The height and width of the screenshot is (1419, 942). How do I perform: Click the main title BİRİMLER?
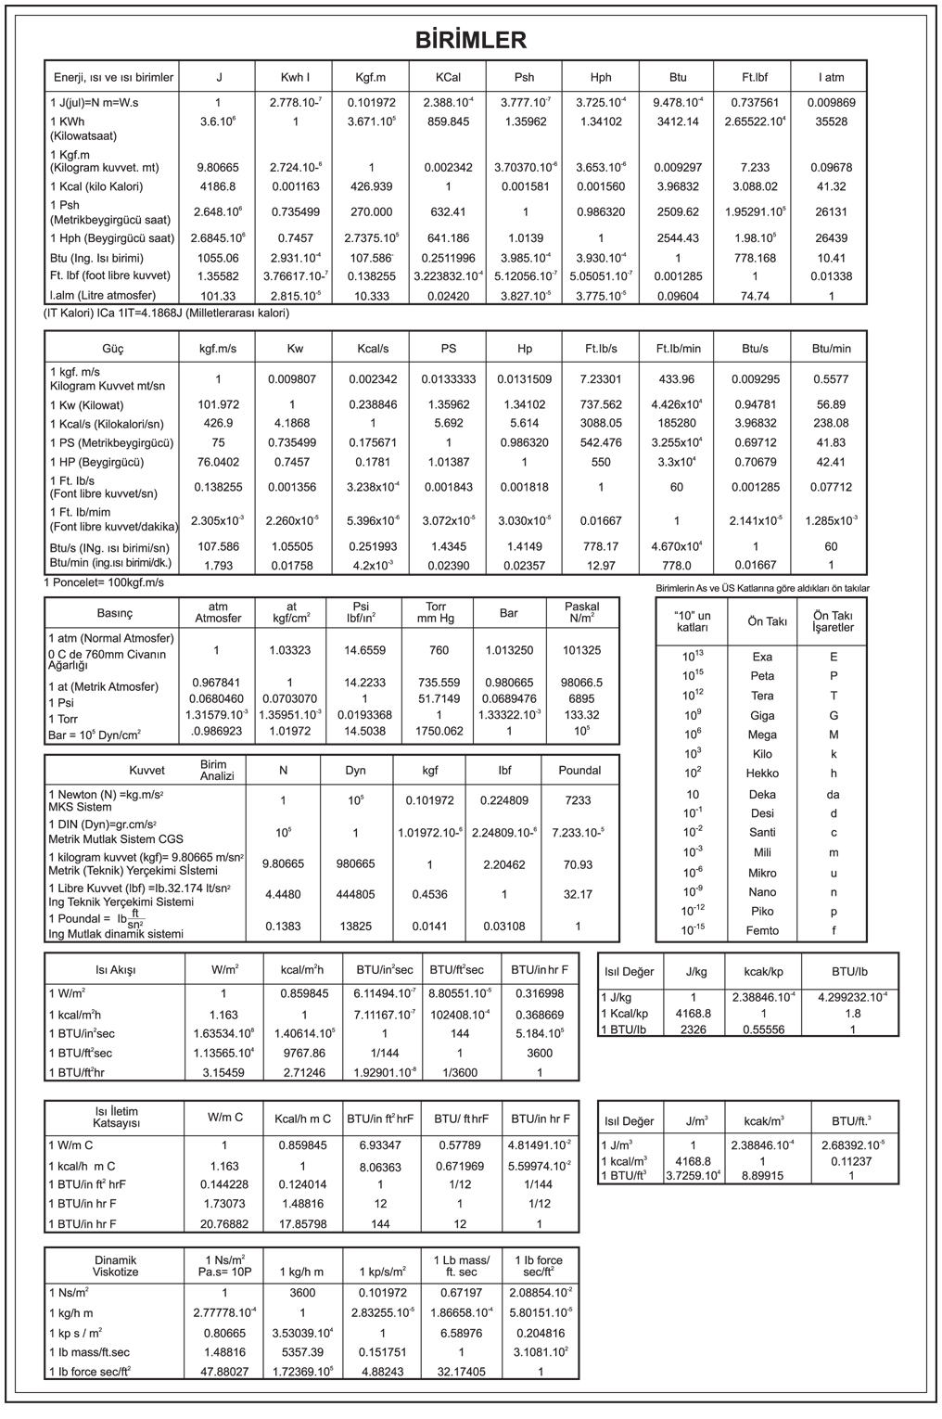click(x=470, y=39)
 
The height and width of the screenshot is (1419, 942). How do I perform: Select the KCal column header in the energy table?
click(x=448, y=78)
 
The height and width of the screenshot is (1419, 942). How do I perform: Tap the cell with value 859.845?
click(x=448, y=121)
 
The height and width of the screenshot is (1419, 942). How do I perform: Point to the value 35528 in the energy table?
click(x=831, y=121)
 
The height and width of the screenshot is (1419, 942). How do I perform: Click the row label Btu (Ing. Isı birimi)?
click(x=110, y=258)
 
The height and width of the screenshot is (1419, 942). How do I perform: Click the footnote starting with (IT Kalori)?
click(x=167, y=313)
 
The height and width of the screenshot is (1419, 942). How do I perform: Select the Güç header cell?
click(x=111, y=349)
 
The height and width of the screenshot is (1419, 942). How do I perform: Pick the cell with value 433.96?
click(x=676, y=379)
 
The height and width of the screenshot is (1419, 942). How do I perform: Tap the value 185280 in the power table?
click(x=676, y=423)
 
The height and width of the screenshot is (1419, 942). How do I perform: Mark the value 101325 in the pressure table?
click(x=581, y=650)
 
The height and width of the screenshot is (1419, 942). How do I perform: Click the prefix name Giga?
click(x=762, y=715)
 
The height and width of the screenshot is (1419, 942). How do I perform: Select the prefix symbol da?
click(x=834, y=794)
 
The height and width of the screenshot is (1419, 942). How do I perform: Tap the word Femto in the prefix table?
click(x=762, y=930)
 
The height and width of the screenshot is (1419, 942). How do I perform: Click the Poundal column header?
click(x=579, y=770)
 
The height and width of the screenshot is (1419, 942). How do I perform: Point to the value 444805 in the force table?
click(x=356, y=895)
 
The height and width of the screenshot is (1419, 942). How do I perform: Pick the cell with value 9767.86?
click(x=302, y=1053)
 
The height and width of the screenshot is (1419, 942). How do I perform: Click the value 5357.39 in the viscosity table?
click(x=302, y=1352)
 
